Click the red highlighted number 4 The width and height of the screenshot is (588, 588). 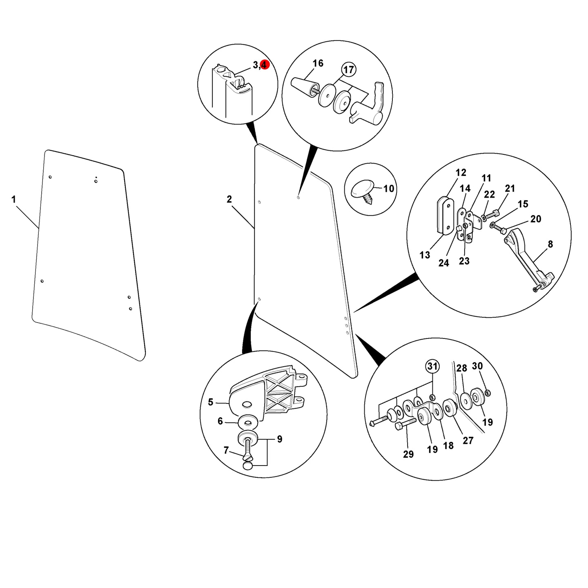(x=264, y=65)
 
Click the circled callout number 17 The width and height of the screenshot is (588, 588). (x=348, y=69)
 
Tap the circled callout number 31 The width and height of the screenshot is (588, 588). (x=432, y=366)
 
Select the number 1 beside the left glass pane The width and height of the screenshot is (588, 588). (x=14, y=199)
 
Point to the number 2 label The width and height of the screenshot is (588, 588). (x=229, y=199)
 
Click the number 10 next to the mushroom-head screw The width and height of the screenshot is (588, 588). (x=388, y=189)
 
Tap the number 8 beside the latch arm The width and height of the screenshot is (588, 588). (x=550, y=244)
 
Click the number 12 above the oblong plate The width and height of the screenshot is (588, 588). (x=461, y=173)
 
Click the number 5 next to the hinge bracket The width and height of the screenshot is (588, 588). (x=211, y=402)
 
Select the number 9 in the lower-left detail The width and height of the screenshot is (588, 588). (x=280, y=439)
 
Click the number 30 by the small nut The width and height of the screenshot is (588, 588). (x=477, y=365)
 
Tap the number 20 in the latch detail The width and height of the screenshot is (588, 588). (x=535, y=219)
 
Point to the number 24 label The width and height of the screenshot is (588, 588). (x=444, y=263)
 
